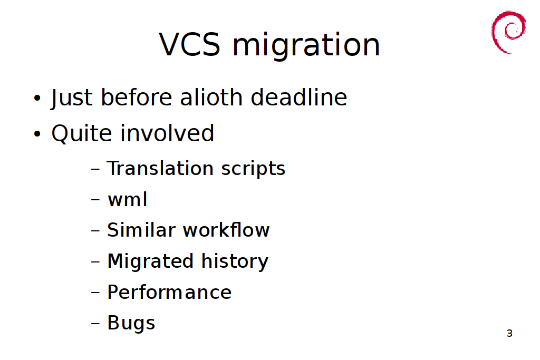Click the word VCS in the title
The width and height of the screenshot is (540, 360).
tap(189, 44)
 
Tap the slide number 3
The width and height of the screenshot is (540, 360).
tap(510, 333)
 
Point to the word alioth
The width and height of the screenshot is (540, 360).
tap(211, 97)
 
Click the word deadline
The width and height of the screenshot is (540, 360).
tap(299, 97)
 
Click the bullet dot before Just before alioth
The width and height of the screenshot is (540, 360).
tap(37, 98)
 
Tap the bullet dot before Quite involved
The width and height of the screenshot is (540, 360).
tap(37, 133)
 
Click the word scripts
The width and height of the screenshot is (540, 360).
tap(253, 169)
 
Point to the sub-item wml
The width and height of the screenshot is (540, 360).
tap(128, 199)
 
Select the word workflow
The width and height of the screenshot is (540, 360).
tap(226, 230)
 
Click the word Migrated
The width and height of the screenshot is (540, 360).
tap(150, 261)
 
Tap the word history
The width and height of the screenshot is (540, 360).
tap(235, 261)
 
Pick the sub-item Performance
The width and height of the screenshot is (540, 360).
tap(169, 292)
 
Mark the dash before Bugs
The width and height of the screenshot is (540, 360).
tap(95, 324)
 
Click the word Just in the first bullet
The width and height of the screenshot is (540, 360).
tap(72, 98)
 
